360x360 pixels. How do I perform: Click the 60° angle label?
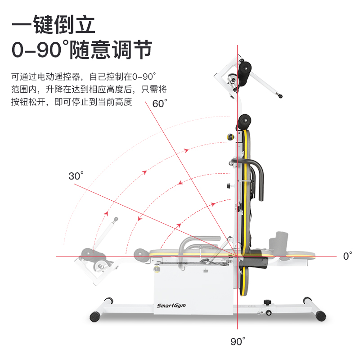[160, 103]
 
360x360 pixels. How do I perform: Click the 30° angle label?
[76, 176]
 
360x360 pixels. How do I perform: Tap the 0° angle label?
[347, 256]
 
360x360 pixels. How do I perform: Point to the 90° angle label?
[238, 341]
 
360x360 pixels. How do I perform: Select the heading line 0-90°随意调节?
[81, 49]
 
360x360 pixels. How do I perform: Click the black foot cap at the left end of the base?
[95, 316]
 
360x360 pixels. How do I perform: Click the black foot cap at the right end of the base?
[320, 316]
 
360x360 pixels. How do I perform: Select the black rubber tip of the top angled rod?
[280, 96]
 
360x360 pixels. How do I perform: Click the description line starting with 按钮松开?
[72, 102]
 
